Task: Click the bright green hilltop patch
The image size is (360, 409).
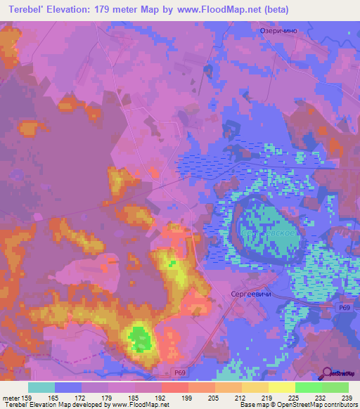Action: point(141,340)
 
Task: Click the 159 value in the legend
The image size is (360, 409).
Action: point(32,397)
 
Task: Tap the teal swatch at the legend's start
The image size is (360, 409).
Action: point(41,387)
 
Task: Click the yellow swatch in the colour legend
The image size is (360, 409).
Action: point(282,387)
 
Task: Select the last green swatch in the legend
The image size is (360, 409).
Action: point(335,387)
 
